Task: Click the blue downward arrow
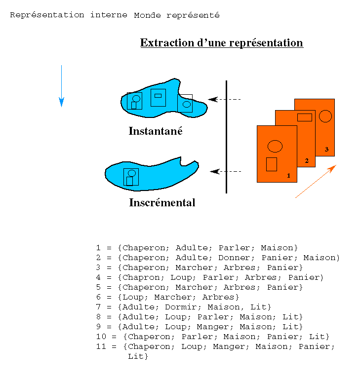click(61, 86)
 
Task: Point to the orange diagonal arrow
click(316, 181)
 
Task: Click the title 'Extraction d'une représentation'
click(221, 43)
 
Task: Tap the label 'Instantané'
click(156, 131)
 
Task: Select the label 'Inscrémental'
click(162, 203)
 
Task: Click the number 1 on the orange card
click(288, 175)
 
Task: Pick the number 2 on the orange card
click(307, 161)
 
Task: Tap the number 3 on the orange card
click(326, 149)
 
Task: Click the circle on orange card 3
click(325, 116)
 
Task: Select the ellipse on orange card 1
click(275, 146)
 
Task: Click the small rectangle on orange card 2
click(304, 117)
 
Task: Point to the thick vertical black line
click(226, 137)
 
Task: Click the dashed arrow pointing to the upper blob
click(224, 99)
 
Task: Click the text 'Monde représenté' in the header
click(176, 15)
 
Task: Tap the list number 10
click(101, 337)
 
